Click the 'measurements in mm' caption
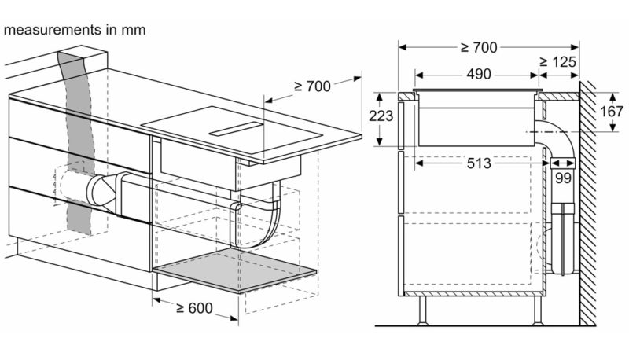[74, 30]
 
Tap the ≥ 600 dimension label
[194, 308]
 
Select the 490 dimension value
[479, 74]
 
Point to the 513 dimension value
[479, 163]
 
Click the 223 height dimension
[381, 116]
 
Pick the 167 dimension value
[612, 112]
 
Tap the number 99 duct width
[562, 178]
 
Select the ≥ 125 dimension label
[557, 62]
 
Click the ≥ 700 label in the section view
[479, 48]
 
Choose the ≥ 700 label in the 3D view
[312, 86]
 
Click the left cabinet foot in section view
[422, 310]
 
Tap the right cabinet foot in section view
[538, 310]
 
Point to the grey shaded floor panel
[235, 270]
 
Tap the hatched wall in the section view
[587, 203]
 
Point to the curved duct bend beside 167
[560, 139]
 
